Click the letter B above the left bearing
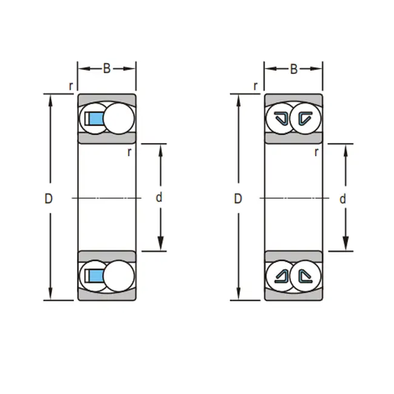(x=107, y=68)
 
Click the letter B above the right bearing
(x=294, y=68)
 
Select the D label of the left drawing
(x=48, y=198)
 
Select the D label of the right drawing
(x=238, y=198)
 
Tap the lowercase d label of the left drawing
(x=159, y=198)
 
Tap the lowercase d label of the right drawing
(x=342, y=198)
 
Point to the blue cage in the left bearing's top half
(x=95, y=119)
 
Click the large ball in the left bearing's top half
(x=119, y=119)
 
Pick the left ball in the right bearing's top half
(x=280, y=119)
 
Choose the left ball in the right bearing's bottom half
(x=280, y=276)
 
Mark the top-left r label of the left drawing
(x=71, y=85)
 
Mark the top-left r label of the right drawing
(x=257, y=85)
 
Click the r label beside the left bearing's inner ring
(x=129, y=152)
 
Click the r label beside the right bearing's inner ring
(x=316, y=152)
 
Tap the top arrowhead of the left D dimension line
(x=50, y=99)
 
